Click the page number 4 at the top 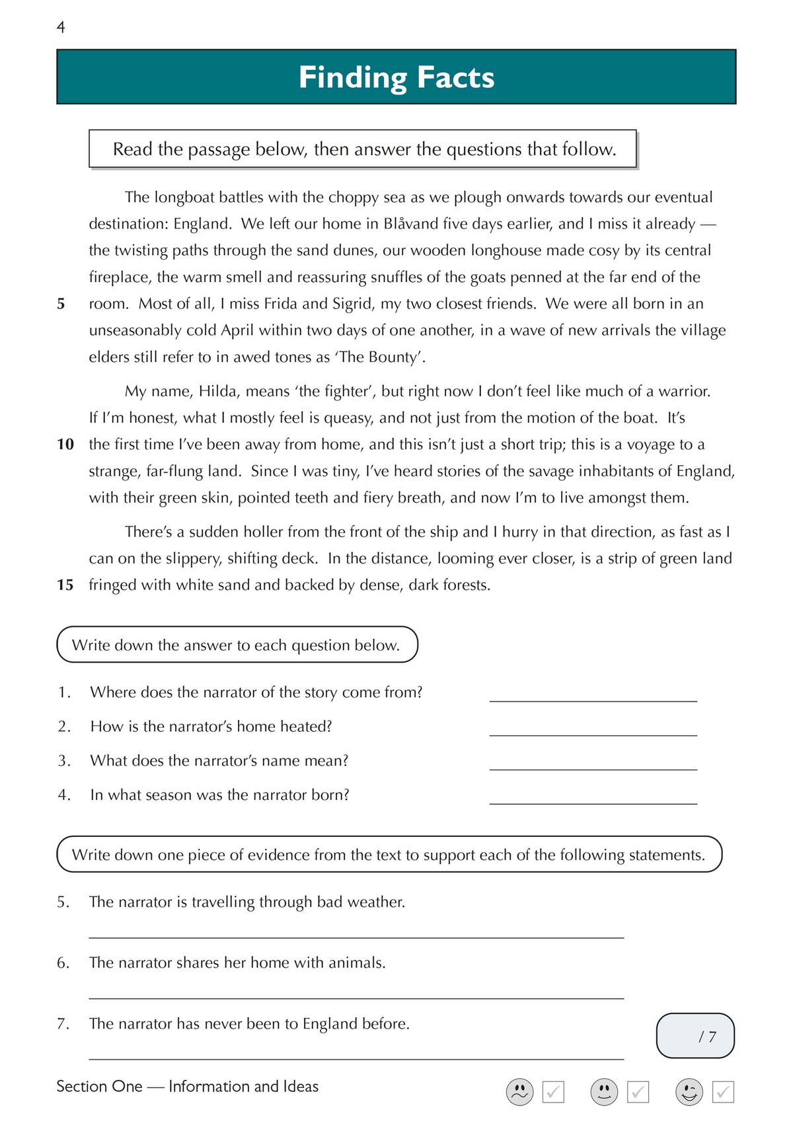tap(61, 27)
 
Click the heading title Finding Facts tap(396, 77)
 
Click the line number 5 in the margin tap(61, 304)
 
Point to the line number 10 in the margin tap(65, 445)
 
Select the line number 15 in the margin tap(65, 585)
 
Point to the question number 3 tap(63, 761)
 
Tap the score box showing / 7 tap(695, 1036)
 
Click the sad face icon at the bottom tap(519, 1092)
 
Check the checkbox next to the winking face tap(723, 1092)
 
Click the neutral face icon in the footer tap(604, 1092)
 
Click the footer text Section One tap(99, 1087)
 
